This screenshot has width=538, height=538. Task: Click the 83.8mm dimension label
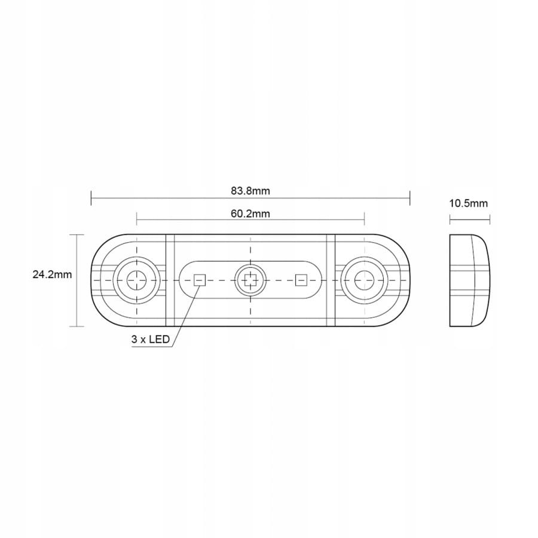pyautogui.click(x=250, y=191)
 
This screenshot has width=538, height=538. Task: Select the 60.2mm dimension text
pyautogui.click(x=250, y=214)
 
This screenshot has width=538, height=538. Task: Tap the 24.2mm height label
pyautogui.click(x=52, y=274)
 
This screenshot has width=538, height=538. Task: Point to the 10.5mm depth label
pyautogui.click(x=468, y=203)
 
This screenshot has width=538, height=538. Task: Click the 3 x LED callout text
pyautogui.click(x=150, y=340)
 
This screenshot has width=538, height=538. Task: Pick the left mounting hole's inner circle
pyautogui.click(x=136, y=280)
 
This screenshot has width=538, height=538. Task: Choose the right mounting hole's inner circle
pyautogui.click(x=364, y=280)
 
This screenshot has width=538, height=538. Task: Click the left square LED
pyautogui.click(x=200, y=280)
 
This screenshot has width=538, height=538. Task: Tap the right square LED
pyautogui.click(x=301, y=280)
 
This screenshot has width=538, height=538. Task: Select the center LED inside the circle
pyautogui.click(x=250, y=280)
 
